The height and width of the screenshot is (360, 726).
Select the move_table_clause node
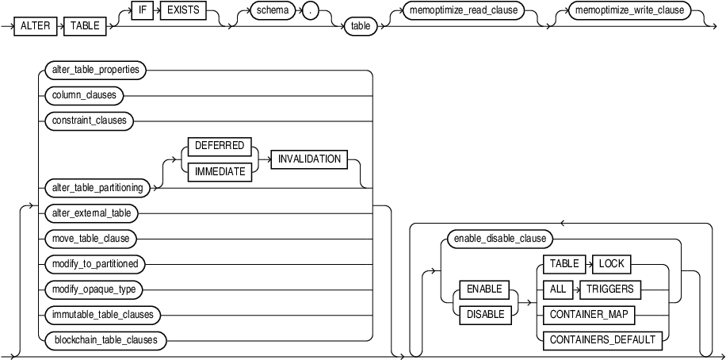(x=87, y=238)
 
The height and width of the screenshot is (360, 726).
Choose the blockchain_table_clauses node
(x=105, y=340)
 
